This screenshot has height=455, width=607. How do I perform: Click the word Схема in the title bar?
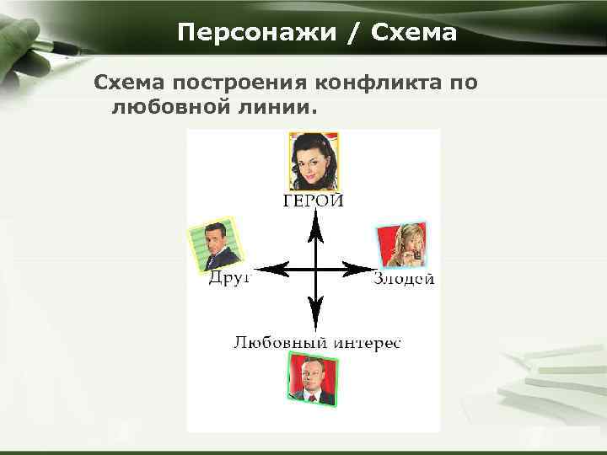[415, 33]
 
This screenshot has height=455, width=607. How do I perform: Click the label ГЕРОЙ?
[313, 201]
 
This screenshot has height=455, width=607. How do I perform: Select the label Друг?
[229, 280]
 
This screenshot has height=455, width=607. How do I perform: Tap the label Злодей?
[404, 279]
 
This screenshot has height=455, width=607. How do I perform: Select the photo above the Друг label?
[213, 245]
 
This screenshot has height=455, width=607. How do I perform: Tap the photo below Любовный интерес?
[312, 377]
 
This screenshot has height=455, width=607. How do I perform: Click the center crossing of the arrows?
[314, 270]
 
